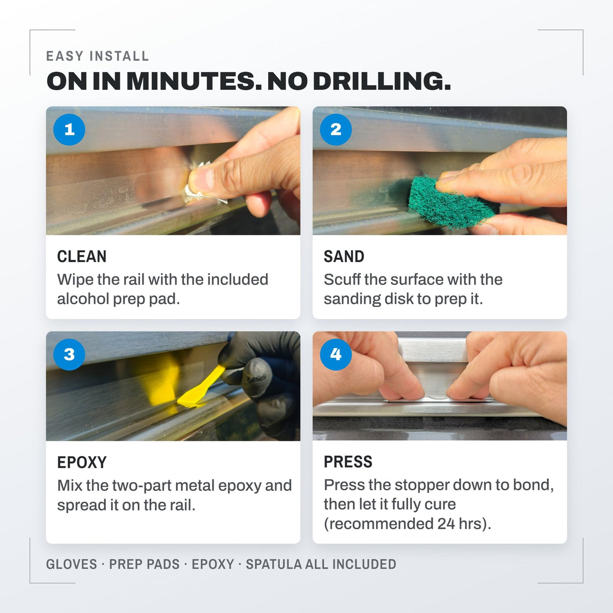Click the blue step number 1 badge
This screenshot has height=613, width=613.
(69, 129)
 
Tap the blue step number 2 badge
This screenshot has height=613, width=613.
(336, 129)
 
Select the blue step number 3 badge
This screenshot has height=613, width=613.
(69, 355)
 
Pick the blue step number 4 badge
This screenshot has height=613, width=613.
(336, 355)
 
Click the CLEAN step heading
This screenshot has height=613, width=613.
(82, 256)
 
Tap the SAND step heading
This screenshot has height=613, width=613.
(344, 256)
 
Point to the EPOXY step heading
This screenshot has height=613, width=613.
(82, 462)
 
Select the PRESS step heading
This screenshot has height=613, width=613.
(348, 462)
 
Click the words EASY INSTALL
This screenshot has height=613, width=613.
(98, 56)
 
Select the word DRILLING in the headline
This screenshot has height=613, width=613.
(382, 81)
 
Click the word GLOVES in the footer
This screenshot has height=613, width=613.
(72, 564)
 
